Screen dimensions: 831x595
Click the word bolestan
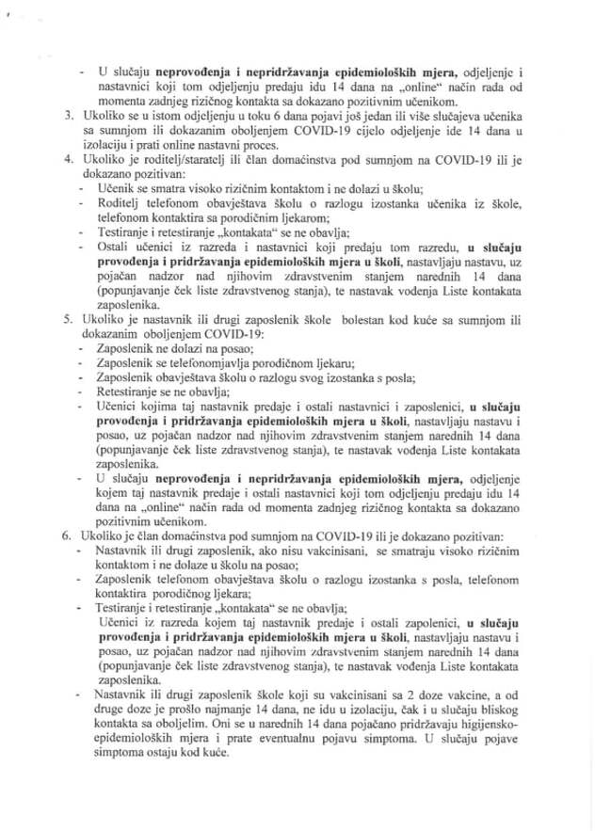[361, 319]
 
